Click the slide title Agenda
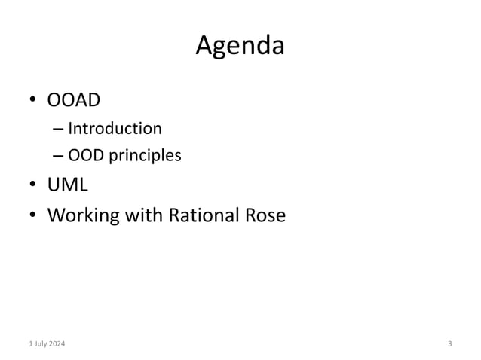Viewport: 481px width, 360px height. click(x=240, y=47)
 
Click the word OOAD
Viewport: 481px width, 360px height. click(x=75, y=100)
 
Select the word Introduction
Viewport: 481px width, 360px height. click(x=115, y=128)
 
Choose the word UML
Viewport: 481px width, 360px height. click(x=67, y=185)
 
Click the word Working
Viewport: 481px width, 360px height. click(x=84, y=216)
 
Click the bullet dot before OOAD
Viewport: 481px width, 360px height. click(x=33, y=101)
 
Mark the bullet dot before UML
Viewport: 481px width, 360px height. click(x=33, y=186)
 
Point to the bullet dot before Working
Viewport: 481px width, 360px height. click(x=33, y=216)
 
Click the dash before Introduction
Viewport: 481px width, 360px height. click(x=59, y=129)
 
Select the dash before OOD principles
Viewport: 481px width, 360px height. click(x=59, y=157)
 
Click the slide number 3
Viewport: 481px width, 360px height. click(x=450, y=344)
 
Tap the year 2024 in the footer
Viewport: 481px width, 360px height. click(x=57, y=344)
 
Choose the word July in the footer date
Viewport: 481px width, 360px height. click(x=40, y=344)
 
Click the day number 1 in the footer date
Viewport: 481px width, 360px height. click(x=29, y=344)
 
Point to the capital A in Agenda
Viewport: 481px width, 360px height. click(x=204, y=47)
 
